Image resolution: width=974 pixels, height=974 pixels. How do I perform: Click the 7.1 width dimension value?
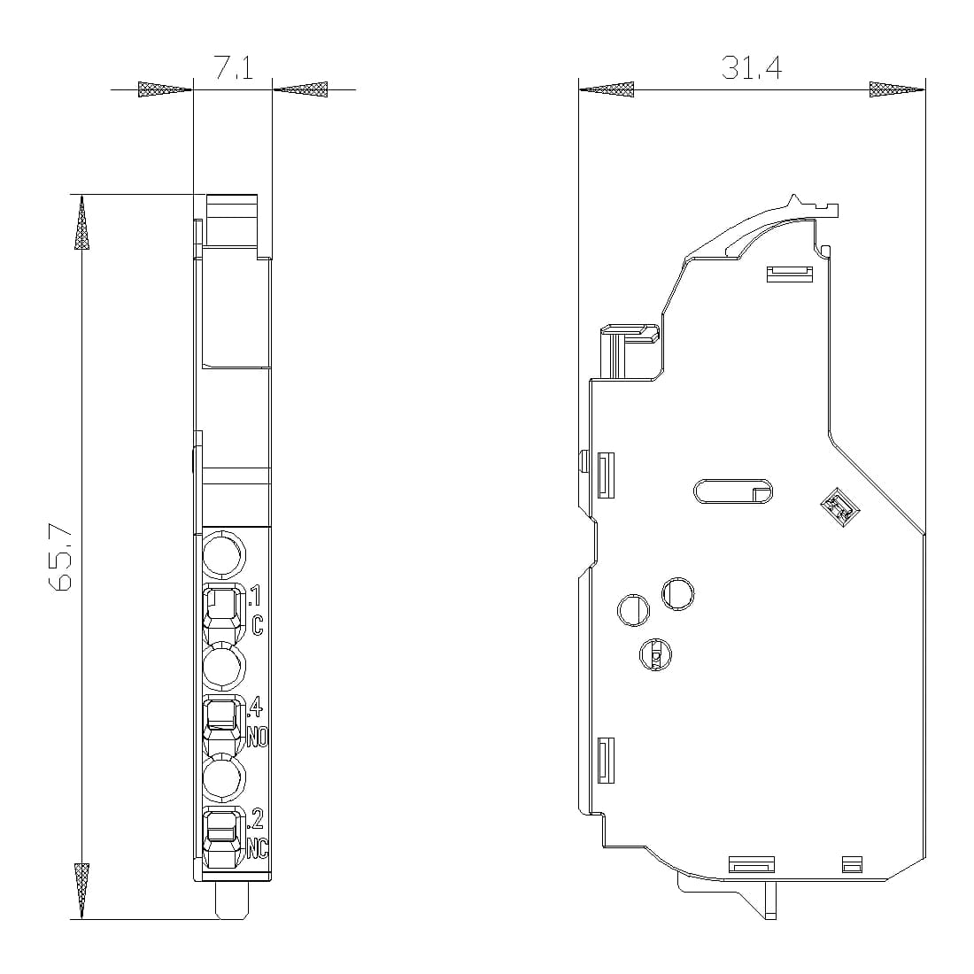pyautogui.click(x=233, y=69)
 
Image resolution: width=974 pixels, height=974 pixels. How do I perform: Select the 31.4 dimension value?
pyautogui.click(x=751, y=68)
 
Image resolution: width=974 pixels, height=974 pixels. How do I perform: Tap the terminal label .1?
pyautogui.click(x=255, y=595)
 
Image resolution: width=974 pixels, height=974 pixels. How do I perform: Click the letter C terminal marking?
pyautogui.click(x=257, y=625)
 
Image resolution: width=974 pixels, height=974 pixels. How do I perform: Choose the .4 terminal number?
pyautogui.click(x=255, y=707)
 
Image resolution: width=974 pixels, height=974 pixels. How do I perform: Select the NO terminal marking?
pyautogui.click(x=257, y=737)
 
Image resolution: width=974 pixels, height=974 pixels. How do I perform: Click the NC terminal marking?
pyautogui.click(x=257, y=848)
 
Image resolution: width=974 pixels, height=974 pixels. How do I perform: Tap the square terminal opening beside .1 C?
pyautogui.click(x=221, y=607)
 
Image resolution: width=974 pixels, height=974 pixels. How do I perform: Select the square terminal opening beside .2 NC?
pyautogui.click(x=221, y=829)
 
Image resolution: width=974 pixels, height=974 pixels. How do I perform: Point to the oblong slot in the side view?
pyautogui.click(x=734, y=491)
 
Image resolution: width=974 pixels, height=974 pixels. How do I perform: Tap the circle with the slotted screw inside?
pyautogui.click(x=654, y=653)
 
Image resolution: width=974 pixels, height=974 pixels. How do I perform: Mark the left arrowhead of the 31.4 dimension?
pyautogui.click(x=607, y=89)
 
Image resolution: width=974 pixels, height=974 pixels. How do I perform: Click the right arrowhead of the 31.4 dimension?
pyautogui.click(x=897, y=89)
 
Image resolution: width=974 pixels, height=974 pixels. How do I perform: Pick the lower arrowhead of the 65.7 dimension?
pyautogui.click(x=81, y=890)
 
